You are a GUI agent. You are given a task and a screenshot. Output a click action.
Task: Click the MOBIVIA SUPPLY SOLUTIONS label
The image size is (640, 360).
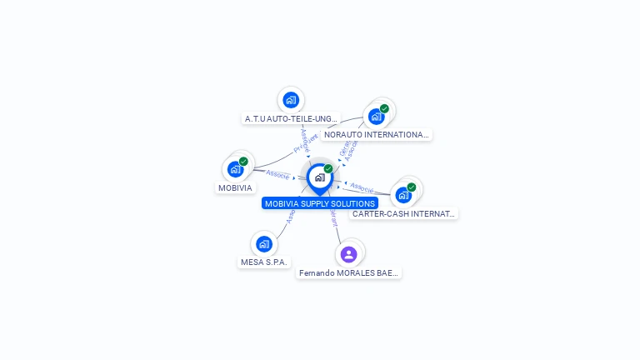point(320,203)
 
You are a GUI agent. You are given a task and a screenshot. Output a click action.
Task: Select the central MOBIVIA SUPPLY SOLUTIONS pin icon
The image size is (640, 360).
point(319,177)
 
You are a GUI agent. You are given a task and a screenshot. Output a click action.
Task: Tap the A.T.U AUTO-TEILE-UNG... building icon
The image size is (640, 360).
point(290,100)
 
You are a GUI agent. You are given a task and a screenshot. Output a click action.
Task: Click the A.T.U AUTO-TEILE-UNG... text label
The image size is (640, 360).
point(291,119)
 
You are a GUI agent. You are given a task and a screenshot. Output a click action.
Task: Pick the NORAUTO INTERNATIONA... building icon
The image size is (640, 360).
point(377,116)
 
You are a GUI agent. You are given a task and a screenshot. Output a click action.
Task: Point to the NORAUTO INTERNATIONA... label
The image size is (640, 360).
point(377,134)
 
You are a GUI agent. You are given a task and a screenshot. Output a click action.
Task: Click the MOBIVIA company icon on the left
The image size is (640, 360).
point(236,169)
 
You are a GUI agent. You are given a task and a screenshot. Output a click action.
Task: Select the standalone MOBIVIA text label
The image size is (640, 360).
point(235,188)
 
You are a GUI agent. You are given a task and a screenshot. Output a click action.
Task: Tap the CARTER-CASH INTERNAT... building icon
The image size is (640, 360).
point(404,195)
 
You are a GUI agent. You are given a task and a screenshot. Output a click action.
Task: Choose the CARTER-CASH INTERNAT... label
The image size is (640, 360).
point(404,214)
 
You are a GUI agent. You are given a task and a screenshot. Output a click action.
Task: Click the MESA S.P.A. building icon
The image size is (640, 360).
point(264,243)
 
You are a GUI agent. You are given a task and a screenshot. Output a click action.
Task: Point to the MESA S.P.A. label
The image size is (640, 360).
point(264,262)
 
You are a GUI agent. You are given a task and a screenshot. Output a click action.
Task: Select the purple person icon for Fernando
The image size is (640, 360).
point(349,253)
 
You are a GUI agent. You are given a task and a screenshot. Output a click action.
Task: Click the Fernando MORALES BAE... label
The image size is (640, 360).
point(349,272)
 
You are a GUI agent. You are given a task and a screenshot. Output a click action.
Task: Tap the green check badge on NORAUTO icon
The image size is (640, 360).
point(384,108)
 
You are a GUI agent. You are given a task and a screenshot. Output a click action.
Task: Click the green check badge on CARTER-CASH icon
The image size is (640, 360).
point(412,187)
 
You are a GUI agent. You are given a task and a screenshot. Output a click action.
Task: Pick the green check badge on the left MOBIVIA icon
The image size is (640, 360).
point(243,162)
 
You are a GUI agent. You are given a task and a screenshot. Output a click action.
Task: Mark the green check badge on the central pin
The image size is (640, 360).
point(328,169)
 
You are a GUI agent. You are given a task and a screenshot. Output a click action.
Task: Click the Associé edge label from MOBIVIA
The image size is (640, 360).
point(277,174)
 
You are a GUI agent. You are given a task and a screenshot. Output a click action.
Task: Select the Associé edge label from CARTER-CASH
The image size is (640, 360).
point(362,187)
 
